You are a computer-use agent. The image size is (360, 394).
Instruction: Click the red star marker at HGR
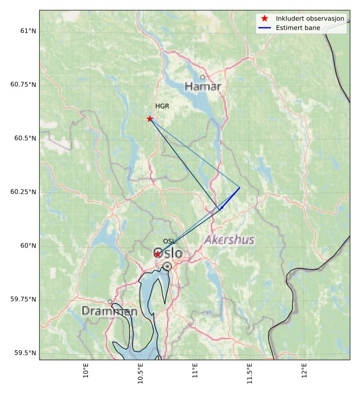click(x=150, y=119)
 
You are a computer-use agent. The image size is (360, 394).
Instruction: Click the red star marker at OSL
click(x=158, y=254)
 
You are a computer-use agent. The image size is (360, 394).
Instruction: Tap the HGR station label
click(x=162, y=106)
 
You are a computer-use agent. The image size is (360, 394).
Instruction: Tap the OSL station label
click(x=169, y=241)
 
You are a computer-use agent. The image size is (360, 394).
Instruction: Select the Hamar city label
click(x=203, y=87)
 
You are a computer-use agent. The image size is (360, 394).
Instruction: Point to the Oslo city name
click(x=168, y=254)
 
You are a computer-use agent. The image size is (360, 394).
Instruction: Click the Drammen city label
click(x=109, y=311)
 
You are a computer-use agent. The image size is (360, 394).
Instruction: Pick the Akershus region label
click(x=229, y=240)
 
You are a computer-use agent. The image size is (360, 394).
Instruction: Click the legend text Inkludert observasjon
click(x=310, y=19)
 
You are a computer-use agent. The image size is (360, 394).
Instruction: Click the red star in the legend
click(x=265, y=19)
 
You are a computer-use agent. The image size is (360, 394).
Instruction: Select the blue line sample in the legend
click(x=265, y=27)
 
